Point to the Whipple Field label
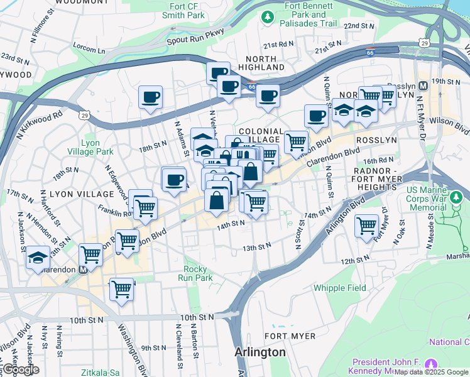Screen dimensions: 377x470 point(340,288)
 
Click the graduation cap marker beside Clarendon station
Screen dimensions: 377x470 point(38,258)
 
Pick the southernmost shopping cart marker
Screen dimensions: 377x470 point(121,289)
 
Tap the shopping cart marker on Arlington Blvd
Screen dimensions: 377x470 point(366,225)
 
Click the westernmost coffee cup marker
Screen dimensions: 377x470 point(150,97)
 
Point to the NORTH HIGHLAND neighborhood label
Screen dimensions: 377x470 point(261,62)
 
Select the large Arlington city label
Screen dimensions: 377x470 point(260,352)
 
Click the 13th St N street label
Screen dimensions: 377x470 point(257,248)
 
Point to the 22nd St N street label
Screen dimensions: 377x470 point(359,26)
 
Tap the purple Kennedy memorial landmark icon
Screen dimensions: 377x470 point(431,363)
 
